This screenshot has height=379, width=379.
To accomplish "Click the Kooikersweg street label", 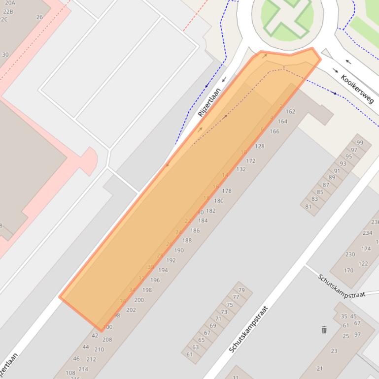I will point(357,89).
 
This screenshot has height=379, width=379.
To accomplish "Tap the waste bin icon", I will point(324,330).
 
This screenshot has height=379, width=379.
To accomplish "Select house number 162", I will point(290,111).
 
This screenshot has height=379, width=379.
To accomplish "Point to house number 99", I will point(360,143).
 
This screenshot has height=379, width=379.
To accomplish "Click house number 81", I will point(309,206).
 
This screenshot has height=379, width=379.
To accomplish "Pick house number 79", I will point(241,290).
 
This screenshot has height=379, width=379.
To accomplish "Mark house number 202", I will point(131,310).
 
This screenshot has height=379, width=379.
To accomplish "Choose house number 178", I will point(227,191).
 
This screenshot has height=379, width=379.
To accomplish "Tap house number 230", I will point(350,254).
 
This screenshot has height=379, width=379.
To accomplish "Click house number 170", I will point(348,270).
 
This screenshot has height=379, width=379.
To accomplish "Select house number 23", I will point(334,351).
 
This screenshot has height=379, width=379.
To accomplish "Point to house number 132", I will point(241,169).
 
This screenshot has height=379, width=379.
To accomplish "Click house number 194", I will point(163,270).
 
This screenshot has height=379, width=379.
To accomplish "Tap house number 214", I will point(83,369).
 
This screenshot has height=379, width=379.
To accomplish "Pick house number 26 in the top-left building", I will point(39,17).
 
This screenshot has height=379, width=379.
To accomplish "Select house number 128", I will point(260,146).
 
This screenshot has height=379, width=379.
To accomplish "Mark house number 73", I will point(224,312).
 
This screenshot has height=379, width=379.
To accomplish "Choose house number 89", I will point(332,178).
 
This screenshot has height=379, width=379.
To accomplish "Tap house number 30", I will point(5,55).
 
